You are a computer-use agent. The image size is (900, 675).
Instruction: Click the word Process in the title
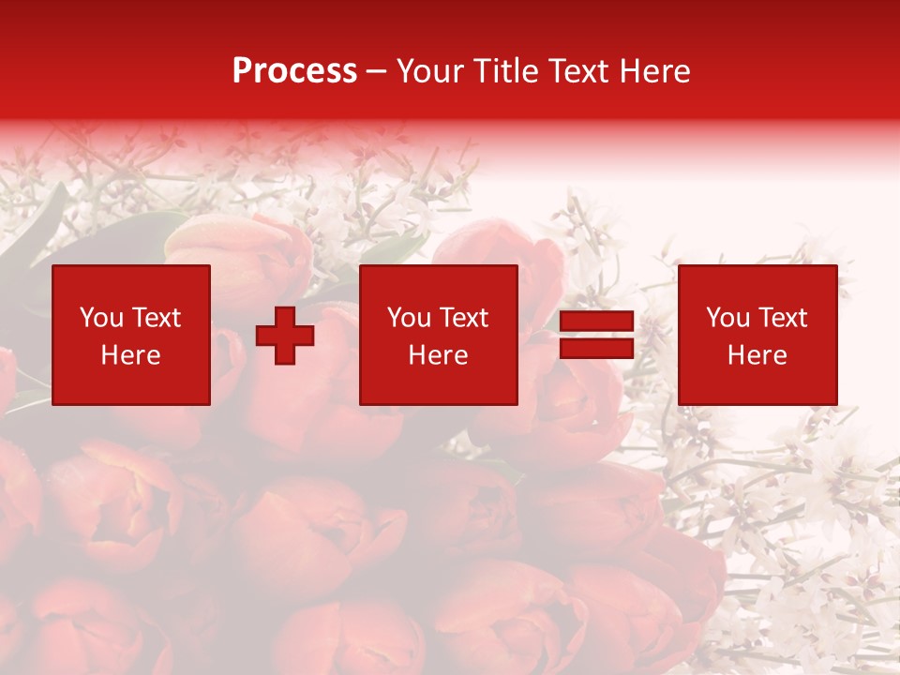294,71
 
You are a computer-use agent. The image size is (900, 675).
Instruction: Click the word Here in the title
655,71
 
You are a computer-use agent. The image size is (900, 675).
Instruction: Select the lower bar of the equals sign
597,349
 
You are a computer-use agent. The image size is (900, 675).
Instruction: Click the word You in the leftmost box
101,318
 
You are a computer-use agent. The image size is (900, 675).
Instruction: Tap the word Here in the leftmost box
130,355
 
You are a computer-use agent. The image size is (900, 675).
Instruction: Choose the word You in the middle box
409,318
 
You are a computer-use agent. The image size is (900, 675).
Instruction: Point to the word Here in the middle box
438,355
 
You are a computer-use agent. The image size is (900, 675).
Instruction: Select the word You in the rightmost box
727,318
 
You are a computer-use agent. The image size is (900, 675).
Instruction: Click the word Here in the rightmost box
757,355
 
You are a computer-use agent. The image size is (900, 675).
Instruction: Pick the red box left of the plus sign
131,384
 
